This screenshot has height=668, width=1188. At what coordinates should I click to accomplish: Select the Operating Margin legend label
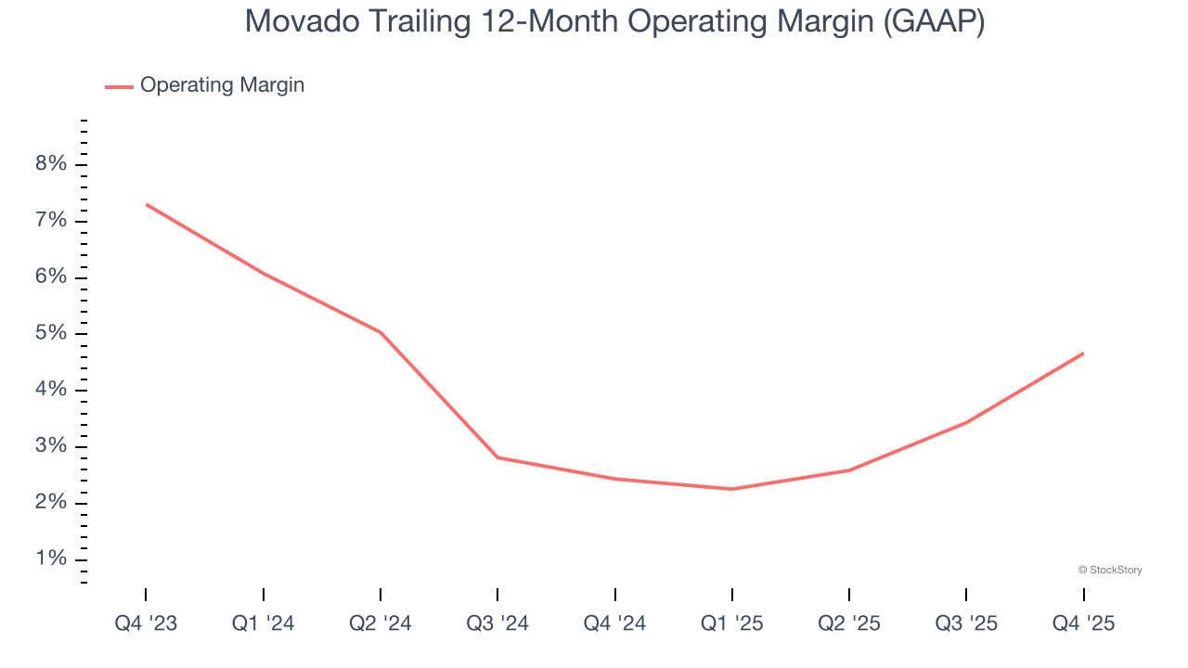[222, 85]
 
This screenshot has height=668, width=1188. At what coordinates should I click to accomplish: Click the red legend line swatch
[119, 86]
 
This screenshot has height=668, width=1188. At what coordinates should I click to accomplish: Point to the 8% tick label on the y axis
[51, 164]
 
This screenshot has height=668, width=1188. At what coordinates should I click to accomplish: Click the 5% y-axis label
[51, 334]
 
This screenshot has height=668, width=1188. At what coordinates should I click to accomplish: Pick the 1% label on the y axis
[51, 559]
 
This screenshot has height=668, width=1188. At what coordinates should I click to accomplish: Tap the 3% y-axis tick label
[51, 446]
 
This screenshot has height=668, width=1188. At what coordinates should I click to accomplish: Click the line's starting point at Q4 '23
[147, 204]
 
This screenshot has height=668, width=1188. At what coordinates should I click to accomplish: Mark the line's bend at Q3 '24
[497, 457]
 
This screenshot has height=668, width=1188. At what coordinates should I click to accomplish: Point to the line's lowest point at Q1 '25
[731, 489]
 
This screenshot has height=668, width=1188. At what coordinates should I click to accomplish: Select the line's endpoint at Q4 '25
[1082, 353]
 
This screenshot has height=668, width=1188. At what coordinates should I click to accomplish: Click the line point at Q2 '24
[381, 332]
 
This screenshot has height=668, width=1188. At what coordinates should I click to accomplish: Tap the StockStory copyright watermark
[1110, 570]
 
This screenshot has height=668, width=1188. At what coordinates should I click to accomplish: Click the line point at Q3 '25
[966, 422]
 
